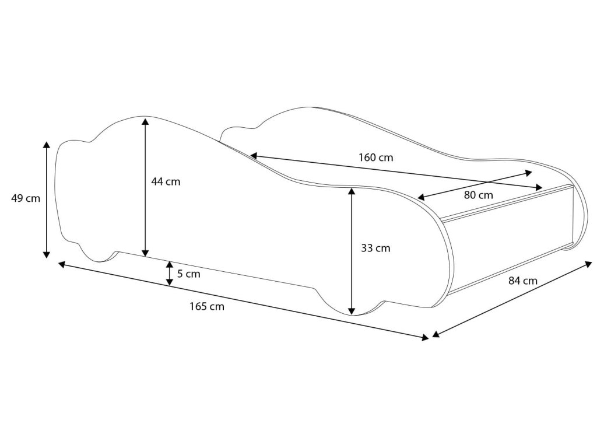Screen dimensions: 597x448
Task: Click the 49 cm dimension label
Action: tap(26, 198)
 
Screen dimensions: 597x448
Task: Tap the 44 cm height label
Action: tap(166, 181)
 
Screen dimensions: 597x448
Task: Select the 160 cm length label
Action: tap(376, 157)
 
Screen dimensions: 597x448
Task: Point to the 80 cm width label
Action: tap(479, 195)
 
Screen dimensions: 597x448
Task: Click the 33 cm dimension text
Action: tap(376, 249)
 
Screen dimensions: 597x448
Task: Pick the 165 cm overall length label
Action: tap(207, 306)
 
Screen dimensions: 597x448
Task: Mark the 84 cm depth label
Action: tap(522, 281)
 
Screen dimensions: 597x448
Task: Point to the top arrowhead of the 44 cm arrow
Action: tap(145, 121)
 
